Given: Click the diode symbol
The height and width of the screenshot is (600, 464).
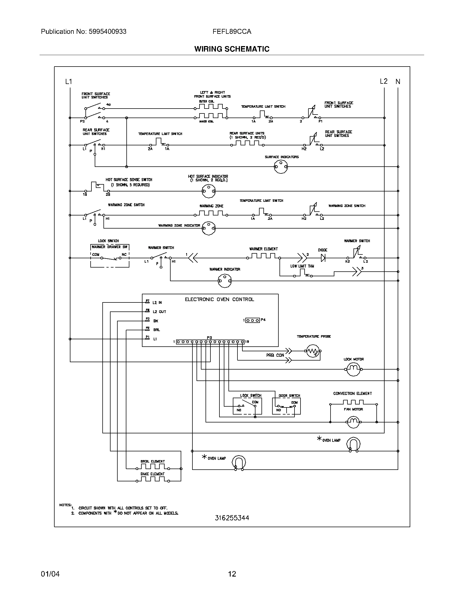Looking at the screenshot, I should pyautogui.click(x=323, y=258).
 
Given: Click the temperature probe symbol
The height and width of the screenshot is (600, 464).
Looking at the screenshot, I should pyautogui.click(x=313, y=351).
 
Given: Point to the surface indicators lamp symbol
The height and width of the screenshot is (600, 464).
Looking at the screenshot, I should pyautogui.click(x=281, y=166).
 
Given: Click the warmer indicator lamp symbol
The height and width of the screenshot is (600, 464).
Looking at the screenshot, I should pyautogui.click(x=225, y=281).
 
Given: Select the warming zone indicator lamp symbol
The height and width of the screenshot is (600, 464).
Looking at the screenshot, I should pyautogui.click(x=209, y=228).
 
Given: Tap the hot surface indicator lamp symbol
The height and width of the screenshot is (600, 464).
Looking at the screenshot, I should pyautogui.click(x=208, y=191).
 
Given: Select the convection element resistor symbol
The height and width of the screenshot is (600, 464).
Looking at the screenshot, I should pyautogui.click(x=353, y=403).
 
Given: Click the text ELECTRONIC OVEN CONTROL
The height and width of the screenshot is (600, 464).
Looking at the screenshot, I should pyautogui.click(x=219, y=299).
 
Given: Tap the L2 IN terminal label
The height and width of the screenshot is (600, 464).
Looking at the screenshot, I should pyautogui.click(x=157, y=302).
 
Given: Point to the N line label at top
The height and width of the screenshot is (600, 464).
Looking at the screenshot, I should pyautogui.click(x=398, y=82).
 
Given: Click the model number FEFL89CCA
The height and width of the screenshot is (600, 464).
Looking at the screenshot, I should pyautogui.click(x=232, y=32).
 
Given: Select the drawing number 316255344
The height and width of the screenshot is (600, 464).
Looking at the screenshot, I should pyautogui.click(x=232, y=518).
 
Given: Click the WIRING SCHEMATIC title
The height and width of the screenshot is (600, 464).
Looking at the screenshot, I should pyautogui.click(x=232, y=49).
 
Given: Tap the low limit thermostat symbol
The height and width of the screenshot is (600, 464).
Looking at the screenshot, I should pyautogui.click(x=302, y=273).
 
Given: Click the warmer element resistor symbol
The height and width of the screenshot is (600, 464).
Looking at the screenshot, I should pyautogui.click(x=263, y=256).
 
